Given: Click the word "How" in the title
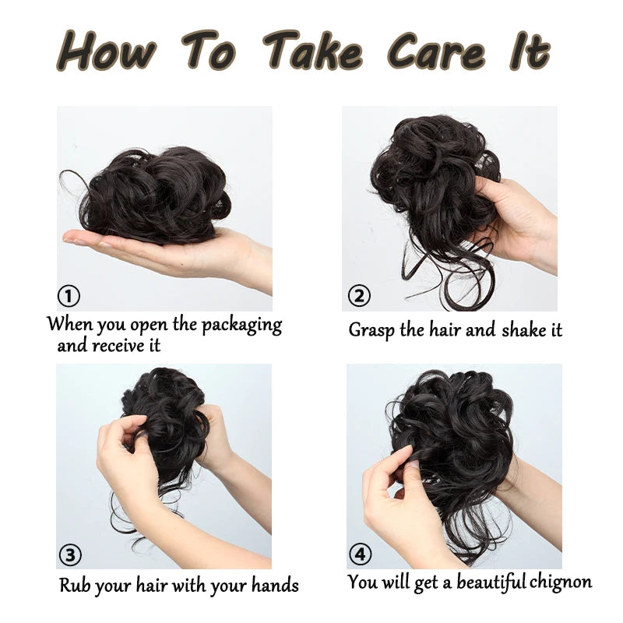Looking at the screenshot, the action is (x=107, y=51).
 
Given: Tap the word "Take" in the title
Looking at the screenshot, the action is (x=313, y=51).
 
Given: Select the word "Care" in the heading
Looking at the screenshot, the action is (x=436, y=51).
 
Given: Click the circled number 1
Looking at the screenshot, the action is (x=69, y=296).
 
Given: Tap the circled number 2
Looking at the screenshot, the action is (x=359, y=295).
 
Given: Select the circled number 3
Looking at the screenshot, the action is (x=70, y=554).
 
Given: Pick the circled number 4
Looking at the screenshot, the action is (x=361, y=554).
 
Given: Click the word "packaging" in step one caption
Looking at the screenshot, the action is (x=241, y=326).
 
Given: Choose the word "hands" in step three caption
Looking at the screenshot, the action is (x=275, y=585).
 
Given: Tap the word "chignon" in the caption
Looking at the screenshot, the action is (x=560, y=583).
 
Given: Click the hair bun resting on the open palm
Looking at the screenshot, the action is (x=155, y=195).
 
